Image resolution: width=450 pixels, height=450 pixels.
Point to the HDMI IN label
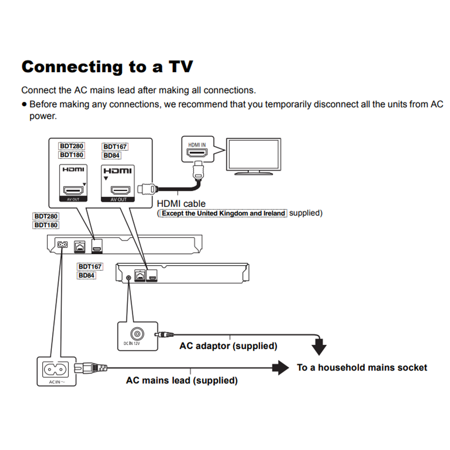point(197,145)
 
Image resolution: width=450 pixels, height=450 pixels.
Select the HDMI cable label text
point(181,204)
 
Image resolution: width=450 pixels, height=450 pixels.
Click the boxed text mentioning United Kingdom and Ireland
point(224,213)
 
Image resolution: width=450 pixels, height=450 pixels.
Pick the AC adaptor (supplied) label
point(228,346)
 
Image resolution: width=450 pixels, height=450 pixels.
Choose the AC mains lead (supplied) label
point(182,381)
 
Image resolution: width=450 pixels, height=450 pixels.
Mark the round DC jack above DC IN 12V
point(137,334)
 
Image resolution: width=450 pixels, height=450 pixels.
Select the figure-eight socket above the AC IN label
point(56,369)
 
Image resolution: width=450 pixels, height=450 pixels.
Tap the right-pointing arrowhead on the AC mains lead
point(283,367)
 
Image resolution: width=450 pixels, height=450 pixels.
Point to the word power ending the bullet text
point(43,116)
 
